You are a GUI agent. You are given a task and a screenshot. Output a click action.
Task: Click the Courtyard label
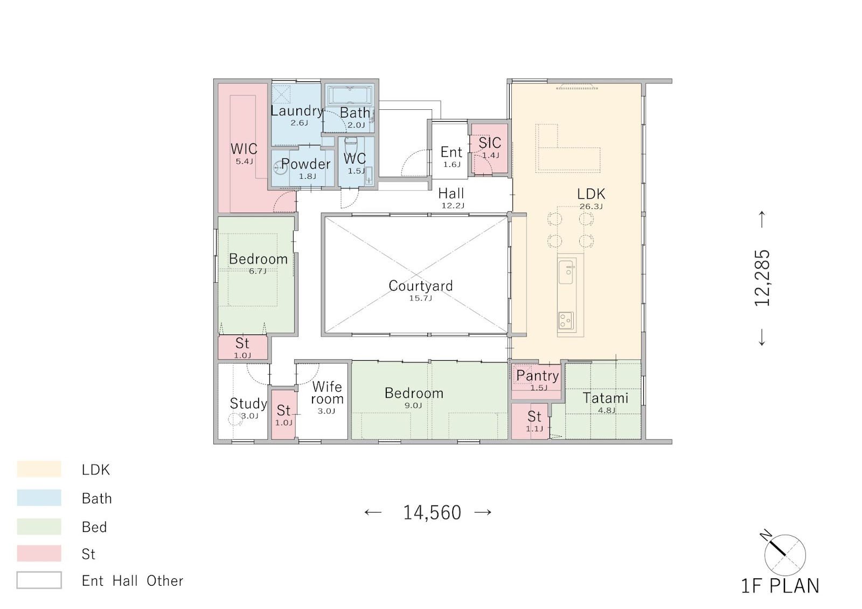click(421, 285)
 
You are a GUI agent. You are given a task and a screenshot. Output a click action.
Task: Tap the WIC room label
click(244, 149)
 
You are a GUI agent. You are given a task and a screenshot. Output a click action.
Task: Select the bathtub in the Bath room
click(350, 95)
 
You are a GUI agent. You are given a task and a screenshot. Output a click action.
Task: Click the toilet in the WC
click(351, 145)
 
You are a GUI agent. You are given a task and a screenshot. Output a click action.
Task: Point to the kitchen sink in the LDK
click(566, 272)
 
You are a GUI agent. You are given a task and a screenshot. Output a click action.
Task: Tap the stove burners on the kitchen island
click(566, 320)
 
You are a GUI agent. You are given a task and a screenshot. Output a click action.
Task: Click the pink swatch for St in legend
click(39, 553)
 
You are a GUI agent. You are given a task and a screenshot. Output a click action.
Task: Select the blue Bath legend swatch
click(39, 498)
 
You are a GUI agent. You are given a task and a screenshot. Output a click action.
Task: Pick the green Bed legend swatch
click(39, 526)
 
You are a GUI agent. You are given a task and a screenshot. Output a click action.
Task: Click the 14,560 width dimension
click(432, 513)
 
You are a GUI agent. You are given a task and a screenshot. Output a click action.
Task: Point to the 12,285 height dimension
click(762, 278)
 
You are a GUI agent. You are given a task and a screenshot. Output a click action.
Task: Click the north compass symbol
click(784, 555)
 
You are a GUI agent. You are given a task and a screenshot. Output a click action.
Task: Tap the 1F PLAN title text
click(780, 586)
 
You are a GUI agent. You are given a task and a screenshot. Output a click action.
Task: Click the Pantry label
click(537, 375)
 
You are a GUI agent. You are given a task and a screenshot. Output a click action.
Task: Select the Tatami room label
click(606, 398)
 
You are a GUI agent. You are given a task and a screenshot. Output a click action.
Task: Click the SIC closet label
click(490, 143)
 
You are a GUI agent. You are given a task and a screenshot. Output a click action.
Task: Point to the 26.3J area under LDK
click(591, 206)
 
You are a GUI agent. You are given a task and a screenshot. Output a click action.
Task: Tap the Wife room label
click(327, 393)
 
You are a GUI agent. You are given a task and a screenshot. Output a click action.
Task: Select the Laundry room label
click(297, 111)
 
